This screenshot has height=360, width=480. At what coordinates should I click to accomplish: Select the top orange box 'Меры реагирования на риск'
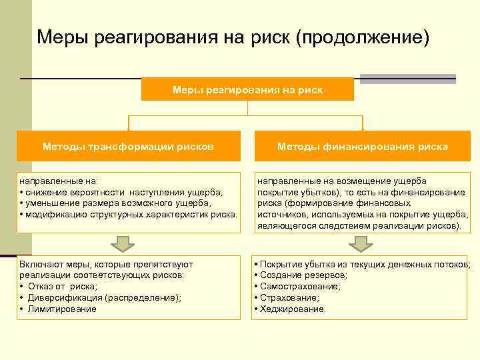coord(247,89)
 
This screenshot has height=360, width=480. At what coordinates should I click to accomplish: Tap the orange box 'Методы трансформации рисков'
coord(128,146)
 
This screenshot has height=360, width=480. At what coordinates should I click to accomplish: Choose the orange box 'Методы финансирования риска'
coord(363,146)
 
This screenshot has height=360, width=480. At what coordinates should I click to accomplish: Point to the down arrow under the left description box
coord(122,243)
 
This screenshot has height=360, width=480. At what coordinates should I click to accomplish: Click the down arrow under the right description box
coord(361,243)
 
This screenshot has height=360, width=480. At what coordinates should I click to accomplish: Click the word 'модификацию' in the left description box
coord(54,214)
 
